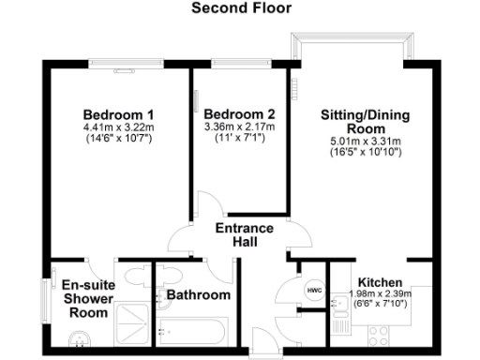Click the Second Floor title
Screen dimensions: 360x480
click(x=241, y=8)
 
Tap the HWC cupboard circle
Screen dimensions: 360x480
click(x=313, y=291)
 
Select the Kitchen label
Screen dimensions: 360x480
click(x=380, y=282)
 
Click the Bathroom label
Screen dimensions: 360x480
click(x=198, y=295)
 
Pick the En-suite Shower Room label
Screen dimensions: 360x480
click(x=86, y=300)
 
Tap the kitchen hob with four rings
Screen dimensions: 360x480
click(x=382, y=334)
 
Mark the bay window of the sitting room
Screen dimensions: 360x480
click(x=352, y=48)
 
